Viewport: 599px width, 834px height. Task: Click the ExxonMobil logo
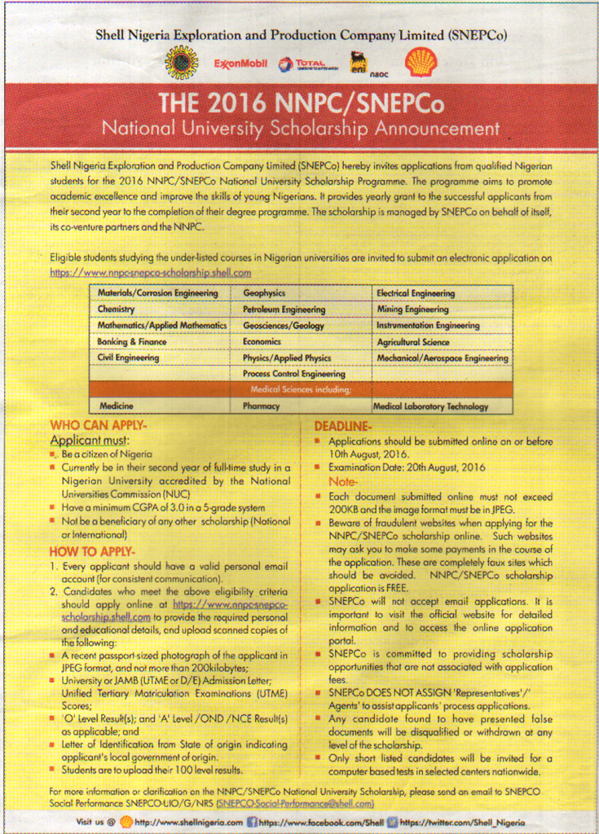pyautogui.click(x=240, y=64)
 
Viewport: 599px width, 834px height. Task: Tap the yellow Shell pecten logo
pyautogui.click(x=421, y=62)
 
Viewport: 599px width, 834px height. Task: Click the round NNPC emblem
pyautogui.click(x=182, y=63)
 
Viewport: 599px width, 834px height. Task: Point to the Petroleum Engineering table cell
pyautogui.click(x=284, y=309)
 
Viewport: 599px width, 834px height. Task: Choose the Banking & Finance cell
pyautogui.click(x=132, y=342)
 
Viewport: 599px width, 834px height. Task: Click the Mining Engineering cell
pyautogui.click(x=412, y=309)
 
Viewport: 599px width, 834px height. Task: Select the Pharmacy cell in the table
pyautogui.click(x=261, y=406)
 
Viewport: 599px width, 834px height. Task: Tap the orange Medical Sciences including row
pyautogui.click(x=301, y=389)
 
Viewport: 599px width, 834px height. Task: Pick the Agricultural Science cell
pyautogui.click(x=412, y=342)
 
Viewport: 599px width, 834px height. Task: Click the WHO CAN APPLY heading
pyautogui.click(x=99, y=425)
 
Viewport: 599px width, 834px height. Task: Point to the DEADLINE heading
pyautogui.click(x=343, y=426)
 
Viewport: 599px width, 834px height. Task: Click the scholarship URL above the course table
pyautogui.click(x=151, y=273)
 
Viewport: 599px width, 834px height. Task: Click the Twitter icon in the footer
pyautogui.click(x=393, y=822)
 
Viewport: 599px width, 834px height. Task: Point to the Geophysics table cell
pyautogui.click(x=263, y=293)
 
